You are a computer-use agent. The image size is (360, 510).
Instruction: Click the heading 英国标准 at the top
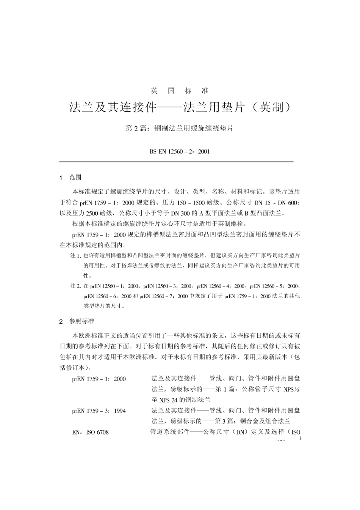[180, 91]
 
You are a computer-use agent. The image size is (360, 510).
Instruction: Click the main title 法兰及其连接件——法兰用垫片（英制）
[180, 107]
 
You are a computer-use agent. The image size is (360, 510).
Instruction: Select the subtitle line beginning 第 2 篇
[180, 128]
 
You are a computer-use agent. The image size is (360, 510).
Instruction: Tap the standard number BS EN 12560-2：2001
[180, 151]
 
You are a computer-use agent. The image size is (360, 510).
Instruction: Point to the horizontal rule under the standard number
[177, 162]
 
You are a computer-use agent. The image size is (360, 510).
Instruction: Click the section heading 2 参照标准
[77, 321]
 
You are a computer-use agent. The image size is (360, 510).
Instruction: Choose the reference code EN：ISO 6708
[90, 432]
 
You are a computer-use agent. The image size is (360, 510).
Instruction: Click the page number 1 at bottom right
[300, 438]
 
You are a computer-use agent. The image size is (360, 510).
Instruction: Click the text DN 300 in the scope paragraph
[183, 212]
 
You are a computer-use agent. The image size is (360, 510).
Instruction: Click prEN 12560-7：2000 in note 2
[163, 296]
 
